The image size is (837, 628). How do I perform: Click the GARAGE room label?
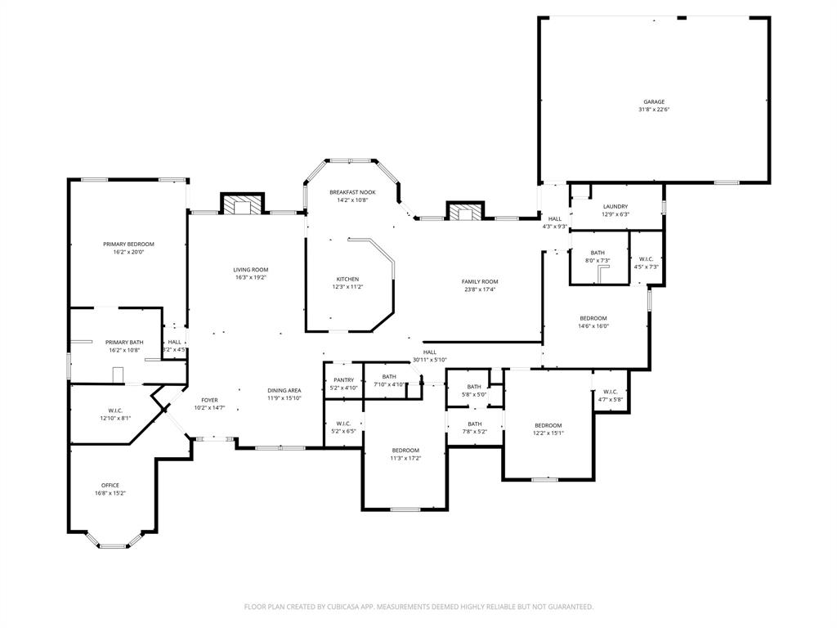653,102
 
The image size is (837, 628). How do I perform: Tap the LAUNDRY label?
615,206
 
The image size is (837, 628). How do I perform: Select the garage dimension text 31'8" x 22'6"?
653,110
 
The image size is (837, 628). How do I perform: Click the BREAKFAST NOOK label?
352,192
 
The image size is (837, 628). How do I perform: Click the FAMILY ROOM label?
480,281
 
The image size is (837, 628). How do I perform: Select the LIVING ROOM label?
250,270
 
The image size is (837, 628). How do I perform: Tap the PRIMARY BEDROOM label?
128,244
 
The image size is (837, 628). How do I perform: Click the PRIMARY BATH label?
124,342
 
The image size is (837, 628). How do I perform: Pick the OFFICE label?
110,485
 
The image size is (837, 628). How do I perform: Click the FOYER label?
210,400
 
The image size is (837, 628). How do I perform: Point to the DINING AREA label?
284,391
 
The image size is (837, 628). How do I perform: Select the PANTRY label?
343,379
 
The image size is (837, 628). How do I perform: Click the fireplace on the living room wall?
243,205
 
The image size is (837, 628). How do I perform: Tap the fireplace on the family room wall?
465,212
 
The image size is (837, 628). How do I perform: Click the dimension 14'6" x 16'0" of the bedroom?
593,326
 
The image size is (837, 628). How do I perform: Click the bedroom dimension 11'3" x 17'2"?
405,458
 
